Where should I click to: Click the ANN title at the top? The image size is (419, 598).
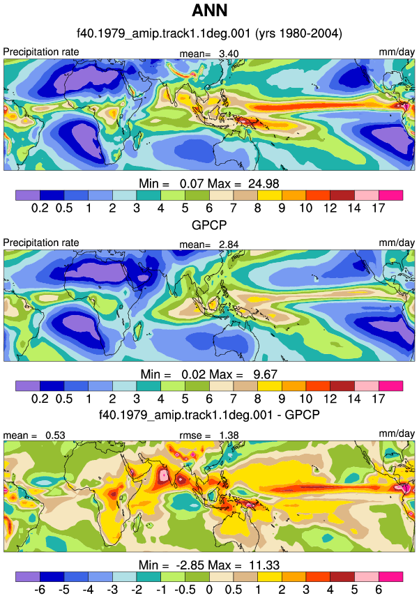(209, 10)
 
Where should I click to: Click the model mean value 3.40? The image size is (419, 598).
(229, 54)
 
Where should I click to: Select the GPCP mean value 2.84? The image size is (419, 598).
(229, 245)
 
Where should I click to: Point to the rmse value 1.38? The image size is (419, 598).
(229, 435)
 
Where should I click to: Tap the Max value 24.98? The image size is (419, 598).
(264, 183)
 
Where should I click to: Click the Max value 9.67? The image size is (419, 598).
(265, 374)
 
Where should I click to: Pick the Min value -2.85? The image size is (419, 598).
(190, 565)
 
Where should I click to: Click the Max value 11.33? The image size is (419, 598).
(264, 565)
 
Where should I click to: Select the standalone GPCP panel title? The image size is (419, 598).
(209, 225)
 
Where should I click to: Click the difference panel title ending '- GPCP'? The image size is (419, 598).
(209, 414)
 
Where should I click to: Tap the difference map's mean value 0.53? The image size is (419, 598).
(55, 435)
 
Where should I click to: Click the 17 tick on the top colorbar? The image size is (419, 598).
(379, 208)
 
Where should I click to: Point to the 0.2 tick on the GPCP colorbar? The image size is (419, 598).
(40, 399)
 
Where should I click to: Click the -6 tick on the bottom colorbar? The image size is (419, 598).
(40, 589)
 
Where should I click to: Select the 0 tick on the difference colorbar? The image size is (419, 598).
(209, 589)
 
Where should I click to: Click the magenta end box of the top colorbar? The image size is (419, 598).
(390, 195)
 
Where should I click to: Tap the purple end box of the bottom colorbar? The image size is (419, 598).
(27, 576)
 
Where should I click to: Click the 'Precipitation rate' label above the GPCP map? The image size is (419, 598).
(41, 243)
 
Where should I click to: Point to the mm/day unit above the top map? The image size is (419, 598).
(397, 52)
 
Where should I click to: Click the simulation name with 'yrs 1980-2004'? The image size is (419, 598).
(209, 33)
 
